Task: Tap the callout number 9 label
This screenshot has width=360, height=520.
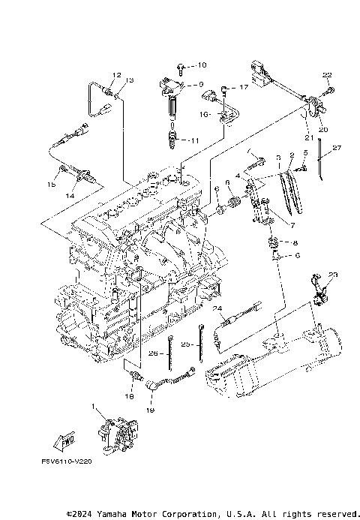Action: click(200, 85)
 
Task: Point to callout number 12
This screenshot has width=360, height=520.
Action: click(117, 75)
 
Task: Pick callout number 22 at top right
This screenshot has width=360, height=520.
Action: click(326, 74)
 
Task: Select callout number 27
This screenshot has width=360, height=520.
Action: click(337, 149)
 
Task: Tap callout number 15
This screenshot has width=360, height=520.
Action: click(52, 185)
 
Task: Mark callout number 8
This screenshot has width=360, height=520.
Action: click(295, 243)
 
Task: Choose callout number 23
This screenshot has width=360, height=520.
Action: click(333, 275)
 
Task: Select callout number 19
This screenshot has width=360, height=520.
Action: click(149, 411)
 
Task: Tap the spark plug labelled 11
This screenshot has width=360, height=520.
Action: click(176, 140)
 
